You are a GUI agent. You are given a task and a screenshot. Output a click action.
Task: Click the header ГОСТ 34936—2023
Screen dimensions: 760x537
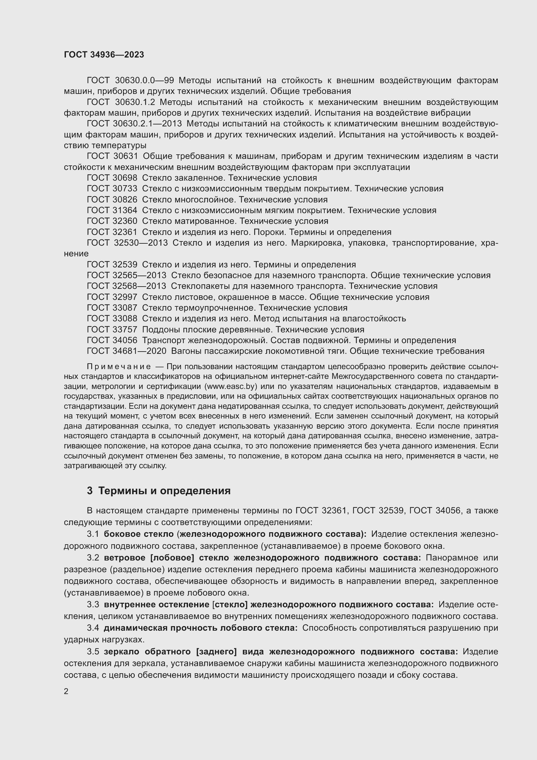[104, 55]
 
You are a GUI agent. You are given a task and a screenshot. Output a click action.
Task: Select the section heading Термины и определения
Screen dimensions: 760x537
[164, 491]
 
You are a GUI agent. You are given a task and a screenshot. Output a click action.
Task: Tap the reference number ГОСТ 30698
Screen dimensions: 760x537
[112, 178]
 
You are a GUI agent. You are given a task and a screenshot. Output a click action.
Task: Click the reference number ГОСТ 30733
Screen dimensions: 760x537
[112, 189]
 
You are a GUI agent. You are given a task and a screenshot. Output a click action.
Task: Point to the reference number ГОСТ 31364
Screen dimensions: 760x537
[112, 211]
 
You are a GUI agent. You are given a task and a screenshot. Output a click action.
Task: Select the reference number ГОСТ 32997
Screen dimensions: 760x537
[112, 297]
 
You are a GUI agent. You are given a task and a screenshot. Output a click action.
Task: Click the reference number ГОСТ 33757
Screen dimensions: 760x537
[112, 330]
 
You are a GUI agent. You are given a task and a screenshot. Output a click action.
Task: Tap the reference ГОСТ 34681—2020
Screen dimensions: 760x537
[126, 351]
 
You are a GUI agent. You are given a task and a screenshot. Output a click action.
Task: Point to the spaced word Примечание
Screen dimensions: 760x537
[119, 367]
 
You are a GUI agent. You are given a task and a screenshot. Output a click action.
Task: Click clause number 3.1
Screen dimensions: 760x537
[93, 534]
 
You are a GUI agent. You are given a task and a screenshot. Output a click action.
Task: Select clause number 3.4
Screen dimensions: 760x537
[93, 628]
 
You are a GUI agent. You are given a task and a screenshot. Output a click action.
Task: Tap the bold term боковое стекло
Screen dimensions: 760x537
[139, 534]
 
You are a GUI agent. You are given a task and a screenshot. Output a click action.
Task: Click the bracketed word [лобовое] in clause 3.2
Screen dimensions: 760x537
[172, 558]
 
